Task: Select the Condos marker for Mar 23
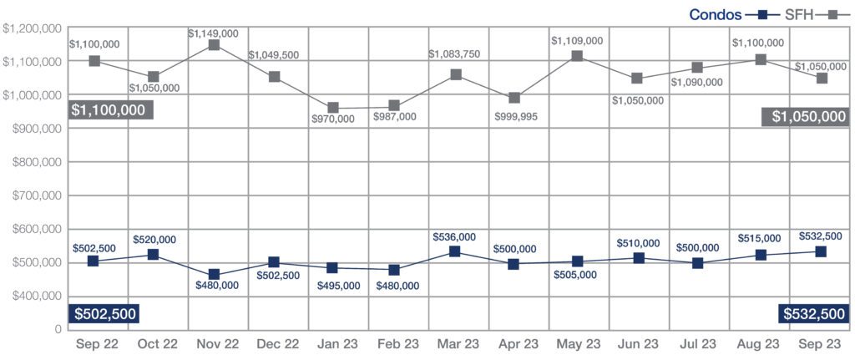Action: [455, 251]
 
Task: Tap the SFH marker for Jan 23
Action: [333, 108]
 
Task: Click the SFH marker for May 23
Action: [577, 56]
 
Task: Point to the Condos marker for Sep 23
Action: [821, 251]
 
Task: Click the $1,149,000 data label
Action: [213, 33]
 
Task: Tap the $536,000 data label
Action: [455, 237]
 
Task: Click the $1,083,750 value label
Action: [455, 54]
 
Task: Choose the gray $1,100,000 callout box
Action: [108, 109]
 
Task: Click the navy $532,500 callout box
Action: [813, 313]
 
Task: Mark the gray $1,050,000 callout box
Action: [805, 116]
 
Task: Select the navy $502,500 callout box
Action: [104, 313]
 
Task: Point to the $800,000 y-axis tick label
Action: [33, 162]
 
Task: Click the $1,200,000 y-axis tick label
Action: [31, 28]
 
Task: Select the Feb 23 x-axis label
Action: [394, 344]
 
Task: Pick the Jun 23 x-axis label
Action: [637, 344]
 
